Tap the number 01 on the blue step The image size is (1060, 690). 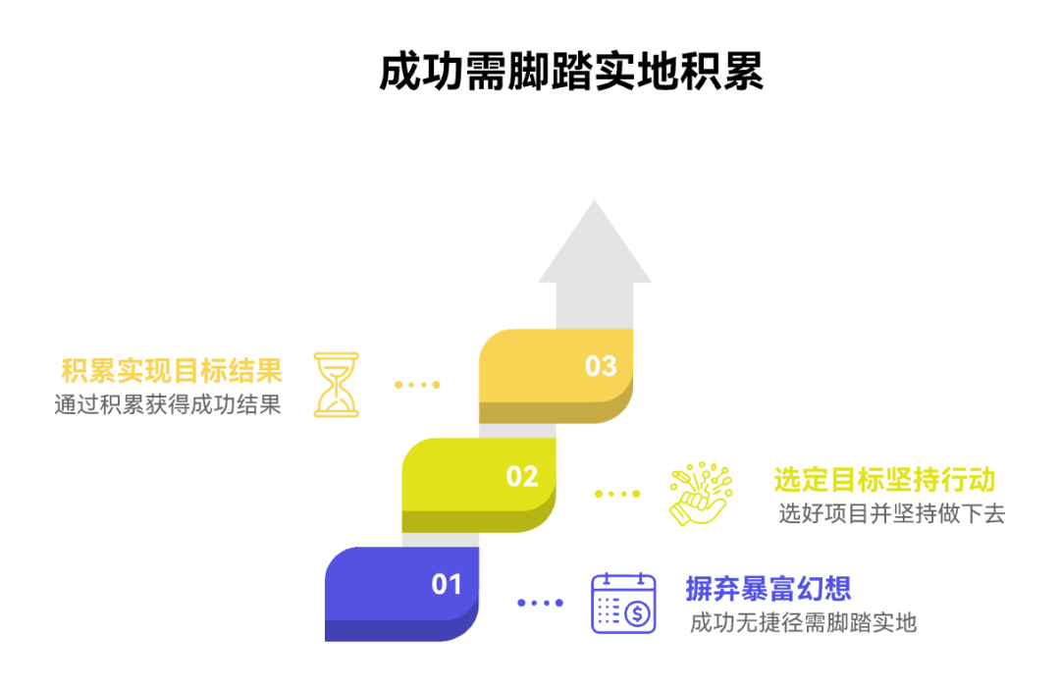pyautogui.click(x=447, y=584)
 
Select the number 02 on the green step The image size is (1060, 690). pyautogui.click(x=522, y=477)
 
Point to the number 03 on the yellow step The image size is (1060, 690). pyautogui.click(x=601, y=366)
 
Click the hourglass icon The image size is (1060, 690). pyautogui.click(x=336, y=384)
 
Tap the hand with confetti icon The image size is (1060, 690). pyautogui.click(x=698, y=493)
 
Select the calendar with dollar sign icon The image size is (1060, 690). pyautogui.click(x=623, y=603)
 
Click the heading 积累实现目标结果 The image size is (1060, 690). pyautogui.click(x=172, y=371)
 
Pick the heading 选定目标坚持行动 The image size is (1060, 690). pyautogui.click(x=884, y=480)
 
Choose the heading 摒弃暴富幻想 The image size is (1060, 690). pyautogui.click(x=768, y=589)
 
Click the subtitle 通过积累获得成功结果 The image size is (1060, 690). pyautogui.click(x=168, y=404)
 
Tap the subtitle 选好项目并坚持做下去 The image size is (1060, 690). pyautogui.click(x=891, y=513)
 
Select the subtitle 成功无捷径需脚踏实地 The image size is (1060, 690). pyautogui.click(x=803, y=622)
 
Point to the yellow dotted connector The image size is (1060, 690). pyautogui.click(x=417, y=385)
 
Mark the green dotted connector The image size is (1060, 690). pyautogui.click(x=617, y=494)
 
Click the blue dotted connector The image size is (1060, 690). pyautogui.click(x=540, y=603)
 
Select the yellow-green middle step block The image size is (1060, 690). pyautogui.click(x=471, y=485)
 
